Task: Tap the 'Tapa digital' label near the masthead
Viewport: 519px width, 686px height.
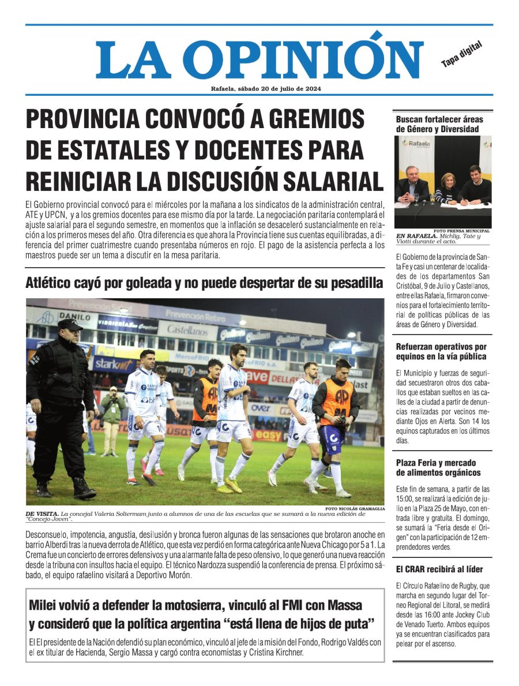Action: point(461,54)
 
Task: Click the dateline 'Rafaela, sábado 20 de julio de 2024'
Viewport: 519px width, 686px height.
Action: point(266,88)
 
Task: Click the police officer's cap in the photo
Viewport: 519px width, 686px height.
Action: point(70,325)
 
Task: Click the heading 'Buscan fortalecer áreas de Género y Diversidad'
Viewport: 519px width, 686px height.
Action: point(439,124)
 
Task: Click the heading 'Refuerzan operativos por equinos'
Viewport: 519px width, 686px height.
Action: point(441,352)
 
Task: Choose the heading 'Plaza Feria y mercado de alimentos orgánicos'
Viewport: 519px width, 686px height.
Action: point(438,467)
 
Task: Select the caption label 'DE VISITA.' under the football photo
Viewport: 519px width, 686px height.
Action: point(42,513)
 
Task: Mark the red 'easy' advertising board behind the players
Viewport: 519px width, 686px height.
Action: point(268,435)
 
